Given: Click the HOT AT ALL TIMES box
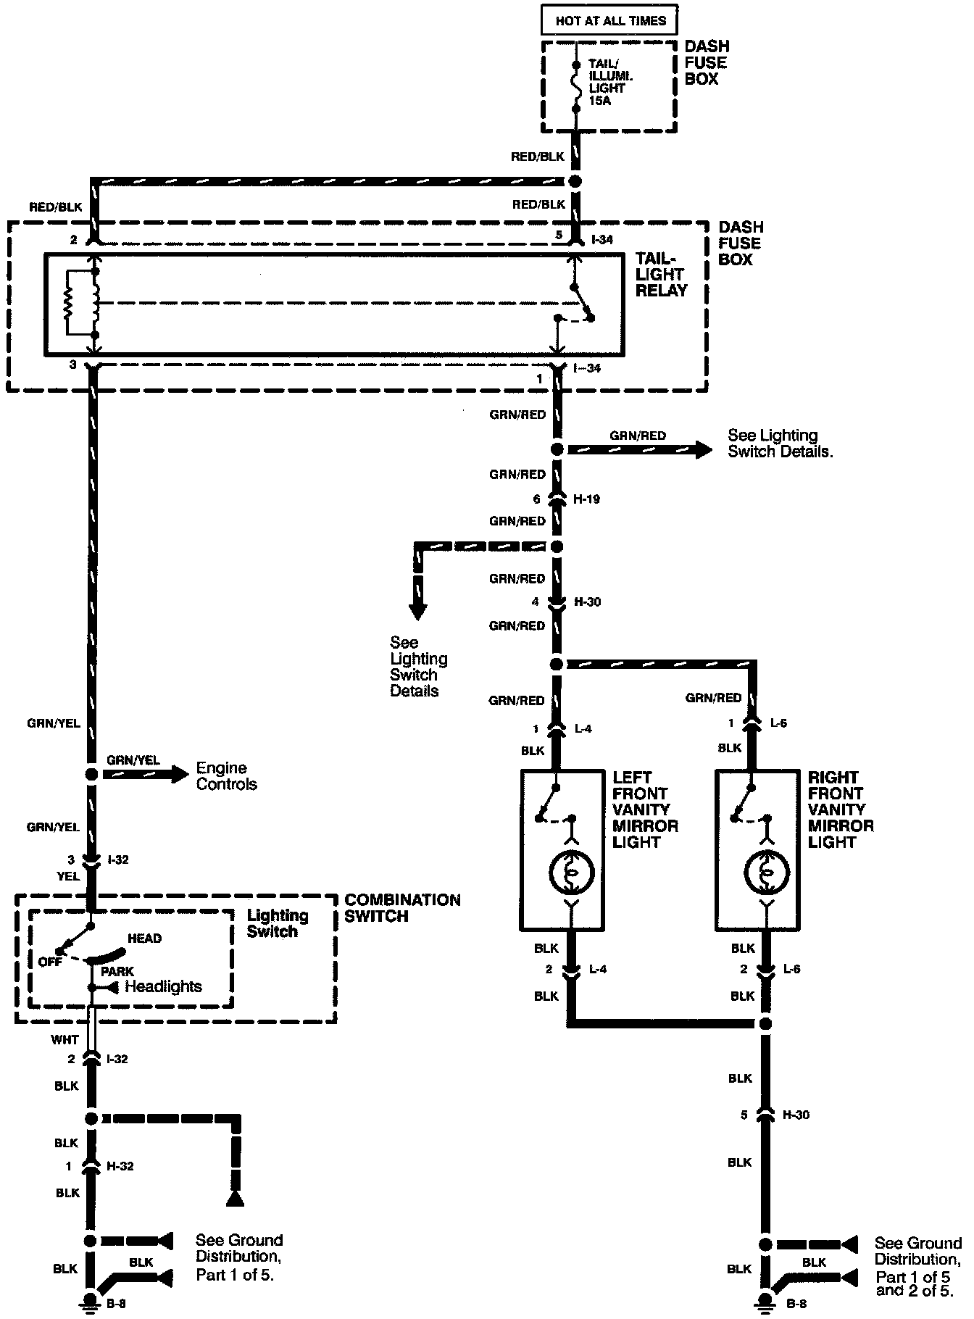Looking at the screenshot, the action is [609, 20].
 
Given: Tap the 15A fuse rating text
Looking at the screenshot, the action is [600, 101].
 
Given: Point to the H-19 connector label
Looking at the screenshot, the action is [587, 499].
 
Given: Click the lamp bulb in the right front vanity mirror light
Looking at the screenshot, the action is [767, 871].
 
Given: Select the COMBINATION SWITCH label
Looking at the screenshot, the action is [402, 908].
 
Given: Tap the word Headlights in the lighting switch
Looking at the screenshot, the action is [164, 986].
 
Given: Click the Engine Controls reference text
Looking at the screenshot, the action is [227, 776].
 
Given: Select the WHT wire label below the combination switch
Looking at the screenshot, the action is [64, 1039].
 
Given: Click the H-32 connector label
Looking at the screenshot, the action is [120, 1166].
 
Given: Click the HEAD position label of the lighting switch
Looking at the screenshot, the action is [144, 939].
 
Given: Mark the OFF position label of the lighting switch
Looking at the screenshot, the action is [50, 962].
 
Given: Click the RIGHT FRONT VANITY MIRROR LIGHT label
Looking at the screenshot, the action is [841, 810].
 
